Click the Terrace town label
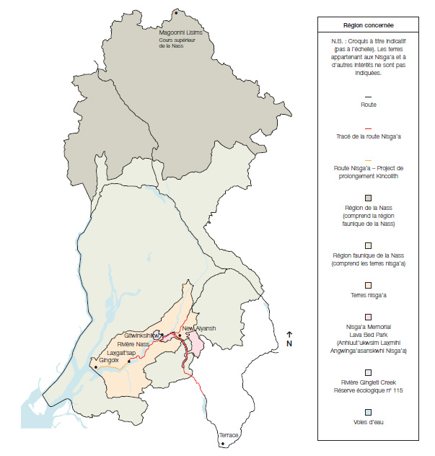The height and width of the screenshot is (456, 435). coord(229,436)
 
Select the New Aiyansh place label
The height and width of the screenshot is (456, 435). coord(200,328)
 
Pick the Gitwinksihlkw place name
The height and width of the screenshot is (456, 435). coord(141,336)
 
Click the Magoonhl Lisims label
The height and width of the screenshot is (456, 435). coord(180,33)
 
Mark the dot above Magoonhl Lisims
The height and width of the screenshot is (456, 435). coord(175,12)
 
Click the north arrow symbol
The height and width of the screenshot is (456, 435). coord(289,334)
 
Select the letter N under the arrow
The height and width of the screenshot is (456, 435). coord(289,343)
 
